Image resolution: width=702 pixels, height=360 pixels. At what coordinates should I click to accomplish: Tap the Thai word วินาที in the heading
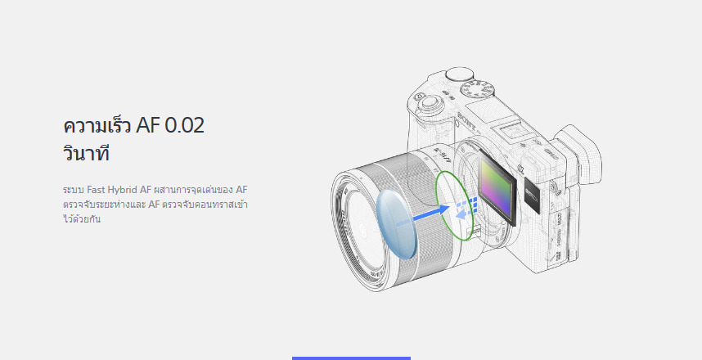tap(86, 153)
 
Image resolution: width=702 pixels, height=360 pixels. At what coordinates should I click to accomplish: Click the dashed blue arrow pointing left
tap(464, 210)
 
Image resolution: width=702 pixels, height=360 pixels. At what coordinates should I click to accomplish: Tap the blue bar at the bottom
tap(351, 358)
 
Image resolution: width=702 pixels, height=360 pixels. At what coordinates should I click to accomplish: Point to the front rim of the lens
tap(352, 221)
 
